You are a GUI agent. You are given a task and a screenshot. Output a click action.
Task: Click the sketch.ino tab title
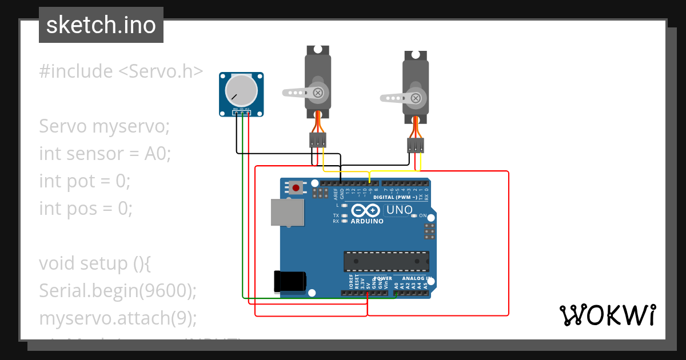coord(101,25)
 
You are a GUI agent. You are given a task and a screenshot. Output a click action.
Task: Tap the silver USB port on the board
coord(288,212)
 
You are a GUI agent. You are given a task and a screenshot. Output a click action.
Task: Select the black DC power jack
coord(290,281)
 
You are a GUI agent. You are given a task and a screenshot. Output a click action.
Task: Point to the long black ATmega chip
coord(386,261)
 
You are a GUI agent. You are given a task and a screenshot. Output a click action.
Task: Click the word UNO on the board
coord(400,210)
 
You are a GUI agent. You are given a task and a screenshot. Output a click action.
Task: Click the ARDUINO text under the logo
coord(367,221)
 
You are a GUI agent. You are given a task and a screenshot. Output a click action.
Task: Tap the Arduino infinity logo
coord(366,210)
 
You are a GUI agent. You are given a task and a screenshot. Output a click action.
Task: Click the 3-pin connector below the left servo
coord(318,139)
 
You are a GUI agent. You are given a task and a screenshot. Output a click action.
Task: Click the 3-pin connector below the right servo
coord(416,145)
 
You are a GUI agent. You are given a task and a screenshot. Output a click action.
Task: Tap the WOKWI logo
coord(608,315)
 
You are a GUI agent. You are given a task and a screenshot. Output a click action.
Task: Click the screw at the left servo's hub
coord(317,92)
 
